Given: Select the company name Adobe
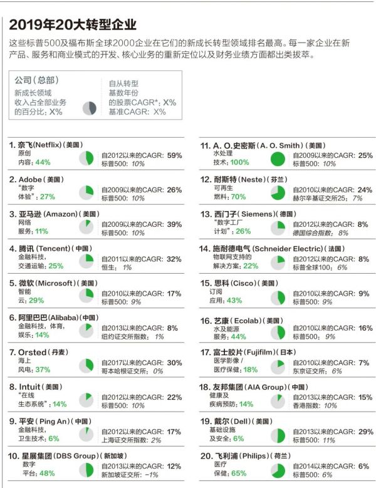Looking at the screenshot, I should (x=27, y=179).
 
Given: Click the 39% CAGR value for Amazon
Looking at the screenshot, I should (x=174, y=224).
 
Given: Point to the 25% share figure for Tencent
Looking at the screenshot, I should (x=56, y=266).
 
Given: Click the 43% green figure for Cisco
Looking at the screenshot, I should (x=234, y=300).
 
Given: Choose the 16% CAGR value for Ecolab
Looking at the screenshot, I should (x=365, y=328).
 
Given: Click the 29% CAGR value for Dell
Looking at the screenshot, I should (x=365, y=432).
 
